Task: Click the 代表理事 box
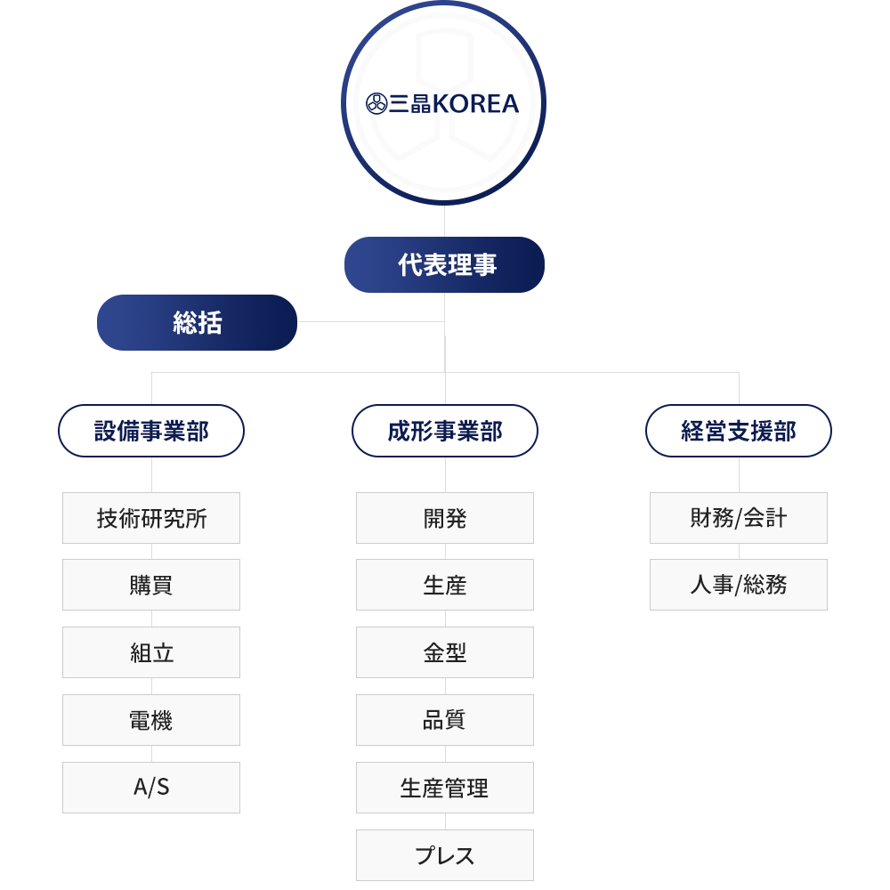pos(444,264)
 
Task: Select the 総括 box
pos(197,322)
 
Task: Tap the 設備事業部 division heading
pos(151,431)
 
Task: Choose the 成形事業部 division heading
pos(445,431)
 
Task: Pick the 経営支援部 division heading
pos(739,431)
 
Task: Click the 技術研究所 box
pos(151,518)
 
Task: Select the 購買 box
pos(151,585)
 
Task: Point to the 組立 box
pos(151,652)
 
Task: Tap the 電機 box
pos(151,720)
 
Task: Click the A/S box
pos(151,788)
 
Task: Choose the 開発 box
pos(445,518)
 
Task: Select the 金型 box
pos(445,652)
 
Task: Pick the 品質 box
pos(445,720)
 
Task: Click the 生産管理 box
pos(445,788)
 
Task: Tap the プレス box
pos(445,854)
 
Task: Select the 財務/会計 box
pos(739,518)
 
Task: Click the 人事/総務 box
pos(739,585)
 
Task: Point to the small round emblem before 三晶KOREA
pos(376,104)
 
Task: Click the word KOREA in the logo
pos(475,104)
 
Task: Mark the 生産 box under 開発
pos(445,585)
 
